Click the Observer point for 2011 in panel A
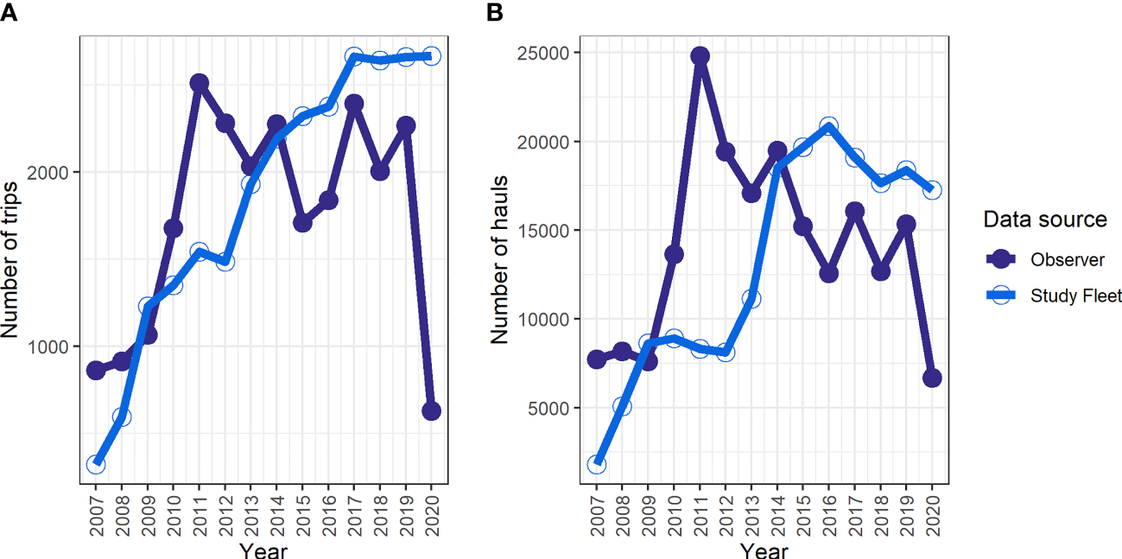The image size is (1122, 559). coord(199,83)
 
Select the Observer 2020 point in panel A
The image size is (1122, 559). coord(431,411)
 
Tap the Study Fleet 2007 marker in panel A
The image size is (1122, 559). coord(96,464)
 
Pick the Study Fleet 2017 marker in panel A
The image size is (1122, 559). coord(354,57)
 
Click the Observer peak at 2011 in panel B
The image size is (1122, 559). coord(700,56)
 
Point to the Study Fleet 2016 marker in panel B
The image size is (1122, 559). coord(829,126)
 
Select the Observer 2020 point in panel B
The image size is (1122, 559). coord(932,378)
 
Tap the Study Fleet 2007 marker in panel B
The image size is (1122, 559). coord(597,464)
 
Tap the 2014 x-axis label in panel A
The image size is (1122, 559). coord(277,512)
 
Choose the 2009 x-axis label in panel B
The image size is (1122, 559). coord(649,512)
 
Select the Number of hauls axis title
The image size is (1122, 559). coord(500,259)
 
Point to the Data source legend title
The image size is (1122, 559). coord(1044,220)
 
